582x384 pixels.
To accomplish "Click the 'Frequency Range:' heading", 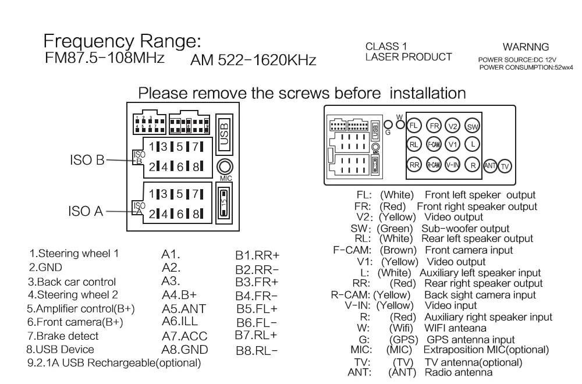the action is pos(122,41).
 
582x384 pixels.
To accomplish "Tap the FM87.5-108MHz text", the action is pos(105,58).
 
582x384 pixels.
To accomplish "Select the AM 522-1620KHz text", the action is pos(253,60).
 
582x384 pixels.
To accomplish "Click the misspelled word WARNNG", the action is pos(526,47).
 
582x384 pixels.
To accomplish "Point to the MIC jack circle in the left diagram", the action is pos(225,167).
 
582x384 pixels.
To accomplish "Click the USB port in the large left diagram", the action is pos(225,134).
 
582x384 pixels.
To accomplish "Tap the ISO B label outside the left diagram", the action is pos(87,160).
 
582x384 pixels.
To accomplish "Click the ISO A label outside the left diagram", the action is pos(86,211).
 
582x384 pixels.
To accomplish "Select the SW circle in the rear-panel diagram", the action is pos(472,126).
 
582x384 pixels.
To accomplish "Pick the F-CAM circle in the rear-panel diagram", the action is pos(434,144).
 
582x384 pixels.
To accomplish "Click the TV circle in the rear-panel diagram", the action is pos(505,166).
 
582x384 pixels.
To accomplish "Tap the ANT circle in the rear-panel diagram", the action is pos(490,165).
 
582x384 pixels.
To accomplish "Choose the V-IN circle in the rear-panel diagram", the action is pos(452,165).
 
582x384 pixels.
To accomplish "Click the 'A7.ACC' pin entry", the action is pos(184,336).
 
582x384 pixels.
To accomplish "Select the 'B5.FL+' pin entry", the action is pos(257,309).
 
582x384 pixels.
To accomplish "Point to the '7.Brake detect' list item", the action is pos(63,336).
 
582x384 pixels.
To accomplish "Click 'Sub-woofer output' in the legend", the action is pos(466,229).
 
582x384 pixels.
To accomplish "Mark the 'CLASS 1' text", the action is pos(386,47).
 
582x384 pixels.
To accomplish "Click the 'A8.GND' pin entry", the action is pos(185,350).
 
